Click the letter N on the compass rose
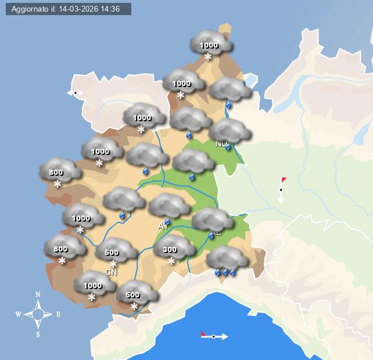[x=38, y=294]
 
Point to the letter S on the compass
[x=38, y=334]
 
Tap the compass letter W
[x=19, y=315]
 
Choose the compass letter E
[x=58, y=315]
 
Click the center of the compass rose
[x=38, y=315]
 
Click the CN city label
[x=111, y=272]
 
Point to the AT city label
[x=162, y=226]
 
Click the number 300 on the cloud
[x=170, y=250]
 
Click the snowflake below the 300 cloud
[x=171, y=261]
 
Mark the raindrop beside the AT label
[x=168, y=222]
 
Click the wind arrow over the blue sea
[x=214, y=336]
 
